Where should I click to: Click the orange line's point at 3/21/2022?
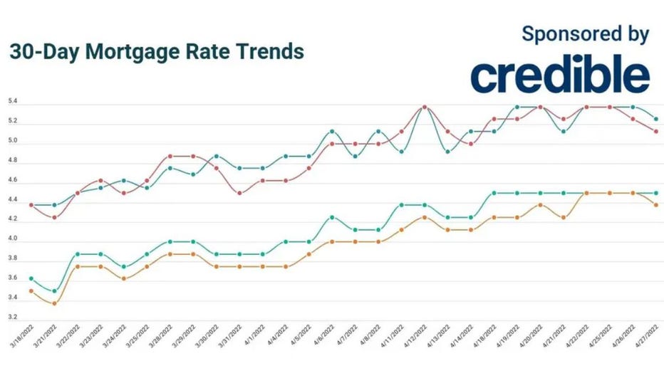point(54,303)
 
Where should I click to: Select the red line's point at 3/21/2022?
point(54,217)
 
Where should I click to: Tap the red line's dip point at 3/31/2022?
point(239,193)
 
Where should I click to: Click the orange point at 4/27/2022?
point(655,205)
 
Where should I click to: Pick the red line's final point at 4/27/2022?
point(655,131)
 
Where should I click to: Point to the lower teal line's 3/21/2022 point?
point(54,291)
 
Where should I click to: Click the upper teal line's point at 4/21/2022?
point(563,131)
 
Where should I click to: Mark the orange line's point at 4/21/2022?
point(563,217)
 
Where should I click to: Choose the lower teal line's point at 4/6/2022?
point(332,217)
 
